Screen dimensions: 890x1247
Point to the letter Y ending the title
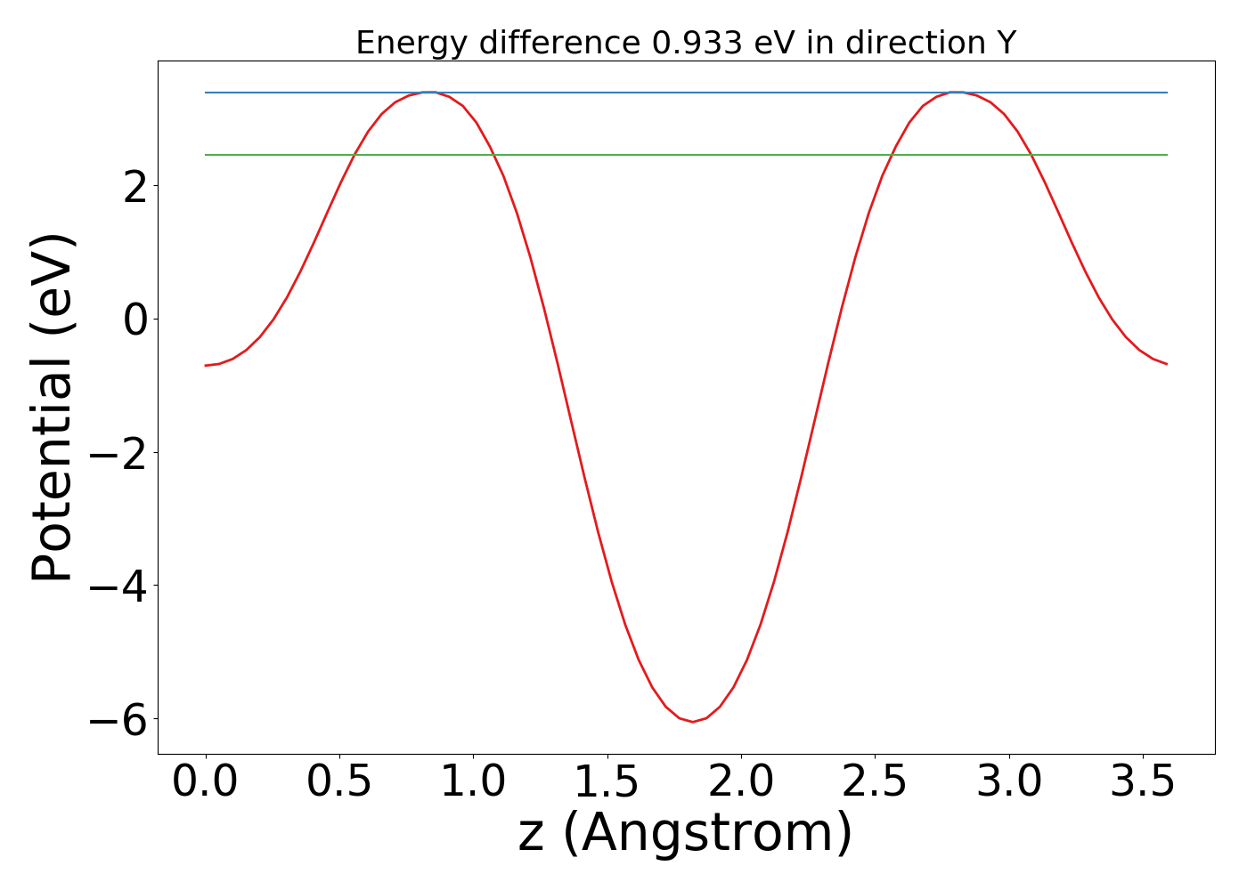click(x=1006, y=43)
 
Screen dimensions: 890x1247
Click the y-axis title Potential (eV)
click(x=53, y=408)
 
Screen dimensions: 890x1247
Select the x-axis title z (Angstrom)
click(x=685, y=833)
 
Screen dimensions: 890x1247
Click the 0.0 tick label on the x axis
click(x=206, y=782)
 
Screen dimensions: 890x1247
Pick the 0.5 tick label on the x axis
click(x=339, y=782)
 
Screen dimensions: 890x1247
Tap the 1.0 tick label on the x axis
click(x=473, y=782)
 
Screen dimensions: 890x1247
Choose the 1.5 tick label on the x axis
click(x=607, y=782)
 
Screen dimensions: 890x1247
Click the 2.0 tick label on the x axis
click(x=741, y=782)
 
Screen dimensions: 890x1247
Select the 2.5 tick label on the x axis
click(x=875, y=782)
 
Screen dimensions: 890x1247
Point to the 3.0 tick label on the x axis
click(x=1008, y=782)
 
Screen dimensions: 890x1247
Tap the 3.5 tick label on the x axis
click(x=1142, y=782)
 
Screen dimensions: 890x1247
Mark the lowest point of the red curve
click(x=693, y=722)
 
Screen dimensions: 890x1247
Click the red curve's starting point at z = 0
click(x=206, y=366)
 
